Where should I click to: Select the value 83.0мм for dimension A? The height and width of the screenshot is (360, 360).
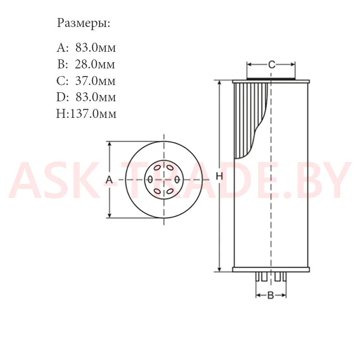[95, 48]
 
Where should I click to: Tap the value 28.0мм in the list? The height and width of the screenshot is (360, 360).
[95, 64]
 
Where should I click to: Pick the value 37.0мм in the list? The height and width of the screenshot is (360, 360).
[95, 81]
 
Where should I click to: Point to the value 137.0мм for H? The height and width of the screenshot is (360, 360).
[93, 114]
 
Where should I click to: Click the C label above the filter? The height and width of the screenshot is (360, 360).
[272, 65]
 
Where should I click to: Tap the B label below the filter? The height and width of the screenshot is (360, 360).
[271, 295]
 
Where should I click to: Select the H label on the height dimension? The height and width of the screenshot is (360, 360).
[219, 176]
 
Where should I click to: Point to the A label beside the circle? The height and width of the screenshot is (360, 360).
[109, 179]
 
